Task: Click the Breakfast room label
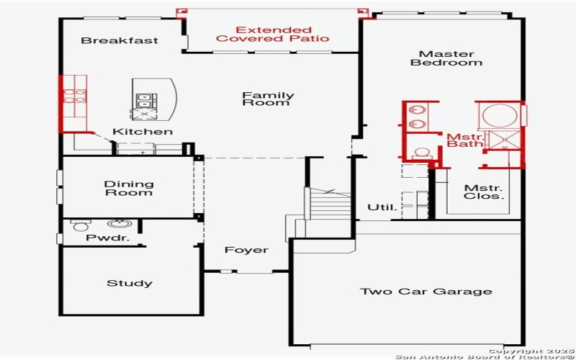(120, 40)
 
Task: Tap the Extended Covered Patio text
(273, 34)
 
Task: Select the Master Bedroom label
(446, 58)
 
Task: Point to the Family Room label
(268, 99)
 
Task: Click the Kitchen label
(143, 132)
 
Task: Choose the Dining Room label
(129, 188)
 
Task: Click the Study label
(130, 283)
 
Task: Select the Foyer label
(246, 250)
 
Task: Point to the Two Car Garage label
(426, 292)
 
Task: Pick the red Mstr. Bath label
(464, 140)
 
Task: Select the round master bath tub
(497, 115)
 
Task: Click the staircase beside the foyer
(330, 204)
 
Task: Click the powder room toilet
(80, 226)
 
